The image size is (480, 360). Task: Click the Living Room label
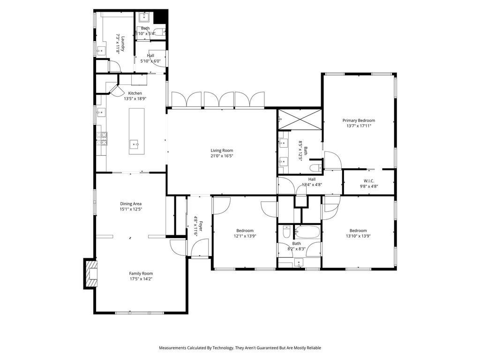click(x=222, y=150)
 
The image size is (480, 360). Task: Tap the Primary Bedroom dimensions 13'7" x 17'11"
click(x=359, y=126)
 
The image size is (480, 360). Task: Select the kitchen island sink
click(x=134, y=143)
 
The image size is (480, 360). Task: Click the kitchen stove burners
click(x=102, y=138)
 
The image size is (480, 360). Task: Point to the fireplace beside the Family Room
click(x=90, y=274)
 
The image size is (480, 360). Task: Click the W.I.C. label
click(x=368, y=181)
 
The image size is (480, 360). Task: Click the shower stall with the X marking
click(x=299, y=120)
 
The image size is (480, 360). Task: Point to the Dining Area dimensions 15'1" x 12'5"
click(x=131, y=210)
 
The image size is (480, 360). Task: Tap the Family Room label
click(x=141, y=273)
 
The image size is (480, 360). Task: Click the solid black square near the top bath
click(x=160, y=16)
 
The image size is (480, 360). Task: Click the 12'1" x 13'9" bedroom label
click(x=245, y=231)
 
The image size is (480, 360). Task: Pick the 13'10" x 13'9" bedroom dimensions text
click(x=358, y=236)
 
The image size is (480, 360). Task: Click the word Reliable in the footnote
click(x=314, y=348)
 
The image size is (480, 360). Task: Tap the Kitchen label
click(x=135, y=93)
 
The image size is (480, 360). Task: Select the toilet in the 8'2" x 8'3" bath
click(x=286, y=232)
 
